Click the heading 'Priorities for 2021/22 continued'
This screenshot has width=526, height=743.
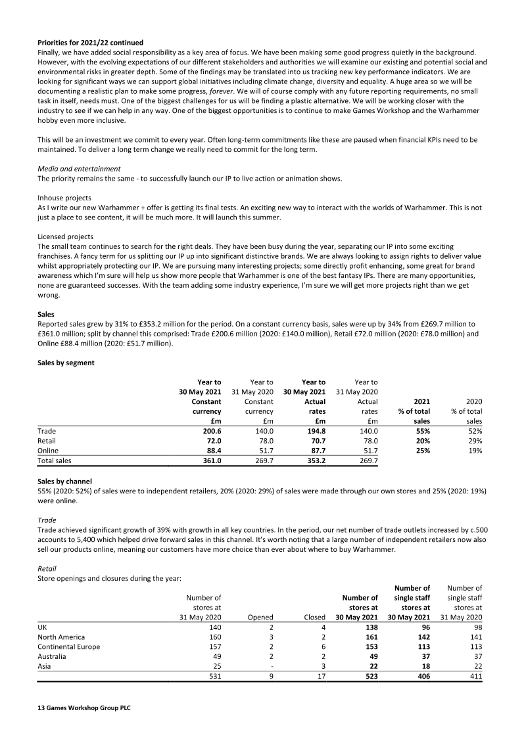coord(90,43)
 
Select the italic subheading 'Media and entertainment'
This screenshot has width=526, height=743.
coord(79,169)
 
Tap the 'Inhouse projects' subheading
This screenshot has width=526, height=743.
coord(64,198)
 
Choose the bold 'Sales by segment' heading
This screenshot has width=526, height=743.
coord(66,363)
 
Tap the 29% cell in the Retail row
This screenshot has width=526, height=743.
coord(474,441)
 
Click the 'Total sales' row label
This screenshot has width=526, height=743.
coord(55,461)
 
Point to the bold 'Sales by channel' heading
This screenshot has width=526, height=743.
coord(64,482)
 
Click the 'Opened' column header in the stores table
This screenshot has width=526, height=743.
coord(260,618)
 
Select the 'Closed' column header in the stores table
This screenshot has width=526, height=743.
coord(314,618)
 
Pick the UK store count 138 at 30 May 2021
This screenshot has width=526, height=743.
coord(370,627)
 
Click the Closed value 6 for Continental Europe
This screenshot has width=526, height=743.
coord(323,647)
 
